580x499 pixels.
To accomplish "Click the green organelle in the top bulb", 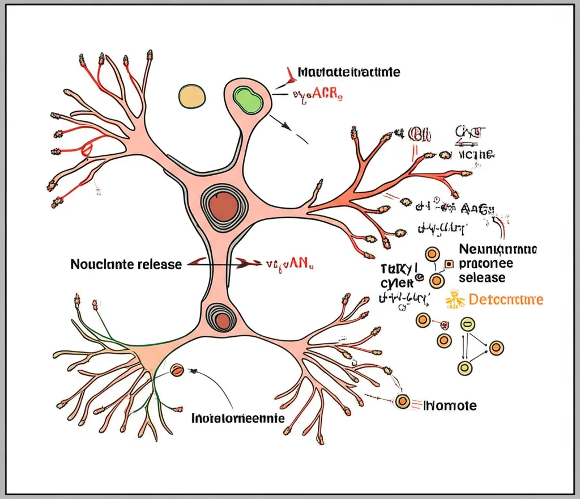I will point(248,98).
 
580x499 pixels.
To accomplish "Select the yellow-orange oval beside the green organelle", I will point(193,96).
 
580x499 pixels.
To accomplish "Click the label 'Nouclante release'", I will point(126,264).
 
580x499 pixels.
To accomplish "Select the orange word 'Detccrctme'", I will point(506,299).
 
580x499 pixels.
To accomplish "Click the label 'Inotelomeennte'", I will point(238,418).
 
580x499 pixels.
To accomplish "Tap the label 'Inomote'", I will point(451,405).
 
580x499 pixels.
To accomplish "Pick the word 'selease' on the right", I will point(482,278).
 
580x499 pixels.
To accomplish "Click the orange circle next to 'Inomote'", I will point(403,401).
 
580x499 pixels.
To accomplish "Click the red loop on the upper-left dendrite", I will point(87,149).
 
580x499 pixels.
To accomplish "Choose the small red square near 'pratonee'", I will point(449,264).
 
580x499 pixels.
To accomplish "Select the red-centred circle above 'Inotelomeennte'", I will point(177,370).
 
